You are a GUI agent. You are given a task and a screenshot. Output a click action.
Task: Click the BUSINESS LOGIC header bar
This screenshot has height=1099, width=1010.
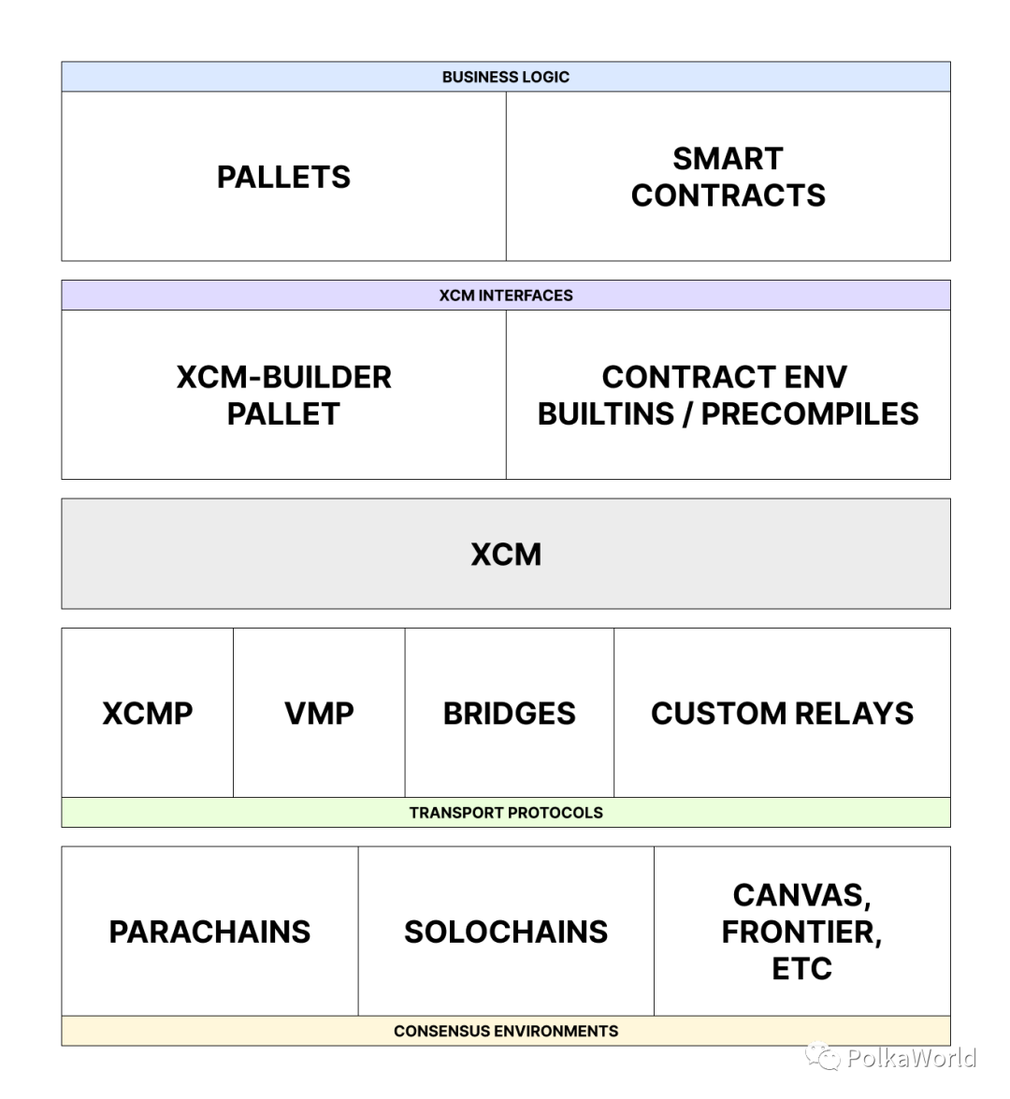[505, 77]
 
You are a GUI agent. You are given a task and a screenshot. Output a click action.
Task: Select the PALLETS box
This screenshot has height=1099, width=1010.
[283, 177]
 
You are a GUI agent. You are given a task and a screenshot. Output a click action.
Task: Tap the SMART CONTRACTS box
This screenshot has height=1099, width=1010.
[728, 177]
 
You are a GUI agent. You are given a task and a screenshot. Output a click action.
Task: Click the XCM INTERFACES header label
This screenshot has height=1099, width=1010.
[505, 296]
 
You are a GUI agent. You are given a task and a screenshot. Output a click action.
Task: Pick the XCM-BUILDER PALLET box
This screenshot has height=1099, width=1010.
[283, 395]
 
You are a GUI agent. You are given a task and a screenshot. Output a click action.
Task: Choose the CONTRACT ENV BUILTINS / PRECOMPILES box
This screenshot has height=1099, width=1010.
[728, 395]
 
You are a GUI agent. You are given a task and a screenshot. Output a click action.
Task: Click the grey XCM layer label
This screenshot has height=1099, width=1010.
[505, 554]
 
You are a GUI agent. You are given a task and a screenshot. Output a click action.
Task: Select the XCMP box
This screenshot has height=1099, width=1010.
[147, 713]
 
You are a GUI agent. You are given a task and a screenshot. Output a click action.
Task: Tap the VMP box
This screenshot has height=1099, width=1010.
[319, 713]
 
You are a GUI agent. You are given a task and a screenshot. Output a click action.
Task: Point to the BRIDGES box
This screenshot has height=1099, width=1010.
[509, 713]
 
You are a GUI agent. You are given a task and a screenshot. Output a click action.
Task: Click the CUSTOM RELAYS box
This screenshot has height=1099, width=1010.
[782, 713]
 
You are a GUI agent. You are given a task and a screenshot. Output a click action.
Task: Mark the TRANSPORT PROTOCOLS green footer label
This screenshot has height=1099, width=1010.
[505, 813]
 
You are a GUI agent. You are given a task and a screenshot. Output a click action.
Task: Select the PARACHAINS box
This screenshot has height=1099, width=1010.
[209, 932]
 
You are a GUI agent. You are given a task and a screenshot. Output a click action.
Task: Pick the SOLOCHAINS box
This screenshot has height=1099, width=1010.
[505, 932]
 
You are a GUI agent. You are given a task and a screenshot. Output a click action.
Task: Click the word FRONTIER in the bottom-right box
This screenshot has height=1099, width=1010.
[801, 932]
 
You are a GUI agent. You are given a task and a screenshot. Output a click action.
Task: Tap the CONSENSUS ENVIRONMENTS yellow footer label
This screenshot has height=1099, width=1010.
[505, 1031]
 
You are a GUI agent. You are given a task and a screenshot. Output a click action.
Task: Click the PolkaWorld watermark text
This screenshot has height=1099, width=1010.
[911, 1058]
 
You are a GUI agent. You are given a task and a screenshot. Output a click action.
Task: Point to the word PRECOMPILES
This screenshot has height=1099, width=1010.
[810, 413]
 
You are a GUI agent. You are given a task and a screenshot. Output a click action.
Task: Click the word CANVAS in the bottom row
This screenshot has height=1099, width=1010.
[801, 895]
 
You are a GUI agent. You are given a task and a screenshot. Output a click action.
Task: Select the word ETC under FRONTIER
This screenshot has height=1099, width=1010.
[801, 968]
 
